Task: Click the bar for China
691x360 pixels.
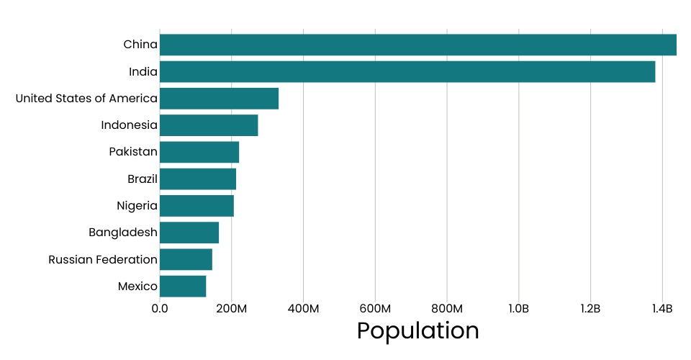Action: pos(417,45)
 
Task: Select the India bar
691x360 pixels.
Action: pos(407,71)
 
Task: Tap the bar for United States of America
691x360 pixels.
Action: pos(219,99)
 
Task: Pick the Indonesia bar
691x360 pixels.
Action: pos(209,125)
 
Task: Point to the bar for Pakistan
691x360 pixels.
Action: pos(199,152)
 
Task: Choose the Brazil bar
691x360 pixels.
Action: pos(198,179)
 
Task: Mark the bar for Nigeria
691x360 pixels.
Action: pos(197,206)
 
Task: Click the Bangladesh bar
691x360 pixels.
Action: pos(189,233)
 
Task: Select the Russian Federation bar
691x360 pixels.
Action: pos(186,259)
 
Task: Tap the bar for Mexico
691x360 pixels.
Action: pos(183,286)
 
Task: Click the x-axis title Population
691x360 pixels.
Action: pos(417,330)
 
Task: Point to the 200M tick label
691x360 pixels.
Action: pos(231,309)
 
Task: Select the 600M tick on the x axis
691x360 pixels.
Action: pos(375,309)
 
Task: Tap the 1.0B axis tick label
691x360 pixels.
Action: pos(518,309)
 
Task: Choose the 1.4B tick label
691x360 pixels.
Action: pos(662,309)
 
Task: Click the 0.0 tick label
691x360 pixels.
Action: pos(160,309)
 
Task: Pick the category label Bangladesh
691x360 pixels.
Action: pos(123,233)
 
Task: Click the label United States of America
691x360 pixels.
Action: pos(86,99)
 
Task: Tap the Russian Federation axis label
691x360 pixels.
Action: pos(103,259)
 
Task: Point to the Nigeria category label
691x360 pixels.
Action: pos(137,206)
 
